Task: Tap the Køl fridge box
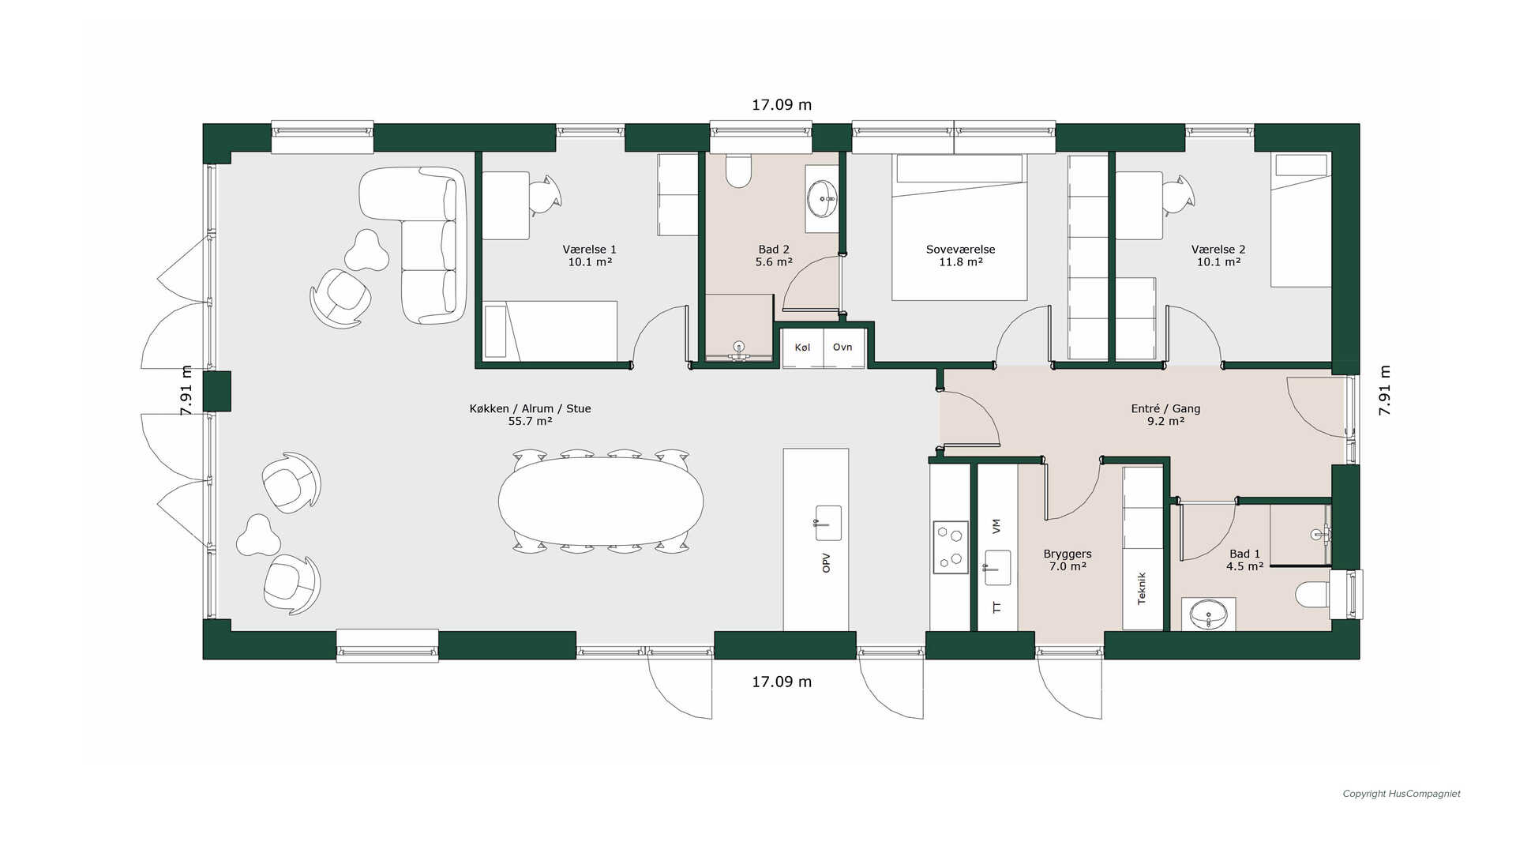803,348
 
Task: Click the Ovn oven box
844,348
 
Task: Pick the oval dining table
601,502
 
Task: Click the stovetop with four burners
951,546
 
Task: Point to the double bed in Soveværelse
959,227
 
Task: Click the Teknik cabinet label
1142,588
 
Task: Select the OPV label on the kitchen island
827,563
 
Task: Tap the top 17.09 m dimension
782,105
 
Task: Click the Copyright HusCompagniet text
1402,794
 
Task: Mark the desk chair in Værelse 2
1179,194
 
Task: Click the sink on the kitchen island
827,523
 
